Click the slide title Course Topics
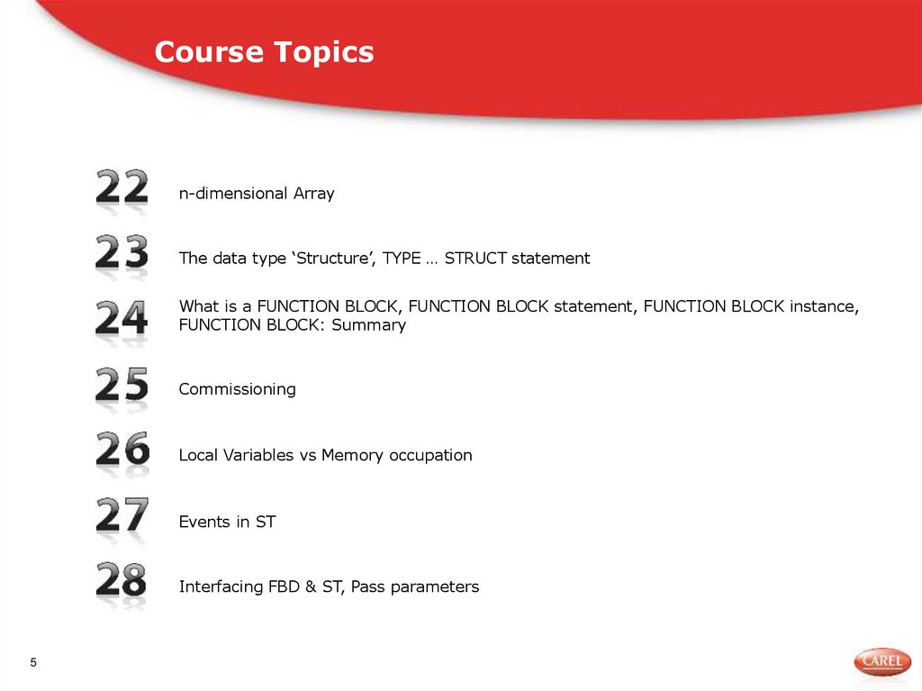coord(264,52)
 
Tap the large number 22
coord(122,187)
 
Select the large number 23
coord(122,253)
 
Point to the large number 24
coord(122,319)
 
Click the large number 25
coord(122,385)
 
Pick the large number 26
coord(122,450)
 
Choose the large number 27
coord(122,516)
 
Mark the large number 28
coord(122,581)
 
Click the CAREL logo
coord(881,662)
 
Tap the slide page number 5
coord(34,664)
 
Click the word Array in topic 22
coord(313,194)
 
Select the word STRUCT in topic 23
coord(475,259)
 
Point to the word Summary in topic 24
coord(368,325)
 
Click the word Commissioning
coord(237,389)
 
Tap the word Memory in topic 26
coord(352,456)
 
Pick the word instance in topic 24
coord(823,306)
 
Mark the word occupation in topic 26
coord(430,456)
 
